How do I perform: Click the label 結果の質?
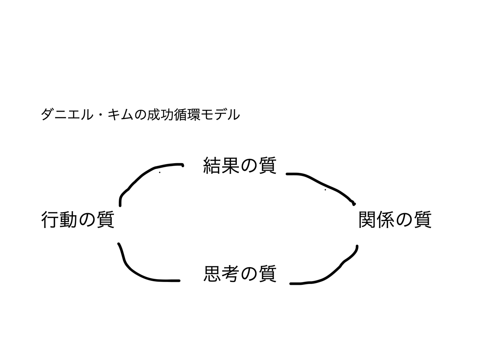tap(240, 165)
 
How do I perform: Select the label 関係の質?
tap(395, 220)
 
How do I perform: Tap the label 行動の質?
tap(78, 220)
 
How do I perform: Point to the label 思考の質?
tap(240, 274)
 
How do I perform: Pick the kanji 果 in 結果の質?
tap(230, 165)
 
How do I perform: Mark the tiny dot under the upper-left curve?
tap(160, 172)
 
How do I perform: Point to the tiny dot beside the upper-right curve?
tap(325, 190)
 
